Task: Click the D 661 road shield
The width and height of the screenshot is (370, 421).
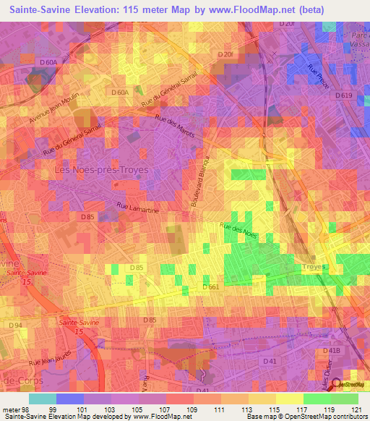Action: pos(211,287)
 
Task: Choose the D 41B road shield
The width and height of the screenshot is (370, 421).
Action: pos(330,351)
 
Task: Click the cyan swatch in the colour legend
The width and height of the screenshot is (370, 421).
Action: pos(42,399)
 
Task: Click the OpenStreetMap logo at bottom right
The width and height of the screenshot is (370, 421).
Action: pos(350,385)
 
